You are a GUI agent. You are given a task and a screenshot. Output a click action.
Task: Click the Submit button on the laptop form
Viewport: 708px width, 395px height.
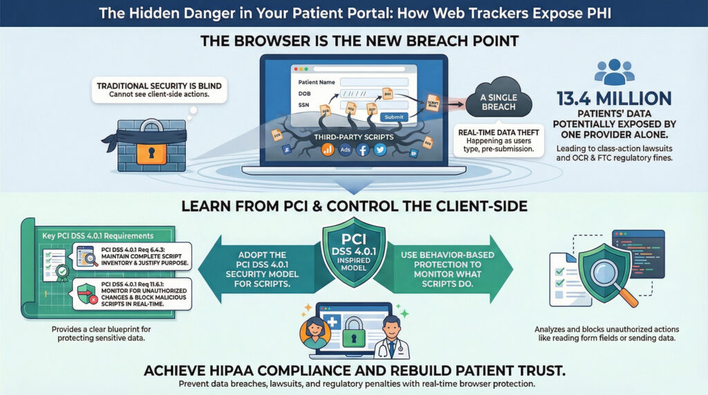pyautogui.click(x=393, y=117)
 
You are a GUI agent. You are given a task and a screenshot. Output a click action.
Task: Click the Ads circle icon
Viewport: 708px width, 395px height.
pyautogui.click(x=345, y=149)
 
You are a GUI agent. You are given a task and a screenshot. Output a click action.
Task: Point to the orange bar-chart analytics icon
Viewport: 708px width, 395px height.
pyautogui.click(x=327, y=149)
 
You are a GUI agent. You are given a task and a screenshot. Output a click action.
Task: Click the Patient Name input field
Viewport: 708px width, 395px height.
pyautogui.click(x=373, y=82)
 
